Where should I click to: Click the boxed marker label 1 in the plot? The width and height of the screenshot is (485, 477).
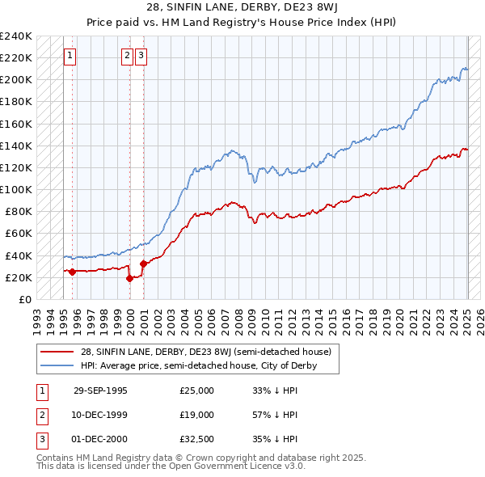pyautogui.click(x=70, y=56)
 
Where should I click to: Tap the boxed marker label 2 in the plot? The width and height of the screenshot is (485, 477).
pyautogui.click(x=128, y=56)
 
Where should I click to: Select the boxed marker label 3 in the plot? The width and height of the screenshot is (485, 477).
pyautogui.click(x=141, y=56)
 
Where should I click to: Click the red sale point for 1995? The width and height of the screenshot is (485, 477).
pyautogui.click(x=73, y=272)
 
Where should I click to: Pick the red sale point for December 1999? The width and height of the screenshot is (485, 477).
pyautogui.click(x=129, y=278)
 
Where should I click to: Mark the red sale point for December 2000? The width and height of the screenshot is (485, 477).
pyautogui.click(x=143, y=264)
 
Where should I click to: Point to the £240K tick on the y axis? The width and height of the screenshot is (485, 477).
pyautogui.click(x=16, y=36)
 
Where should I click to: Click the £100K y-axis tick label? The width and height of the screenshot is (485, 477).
pyautogui.click(x=16, y=189)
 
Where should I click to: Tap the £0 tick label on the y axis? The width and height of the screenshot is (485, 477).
pyautogui.click(x=25, y=299)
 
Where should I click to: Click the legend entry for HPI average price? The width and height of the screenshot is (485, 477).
pyautogui.click(x=198, y=365)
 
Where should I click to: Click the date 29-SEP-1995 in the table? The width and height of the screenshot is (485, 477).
pyautogui.click(x=100, y=390)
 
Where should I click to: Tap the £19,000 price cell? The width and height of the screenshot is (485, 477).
pyautogui.click(x=197, y=415)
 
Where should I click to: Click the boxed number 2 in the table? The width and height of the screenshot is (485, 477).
pyautogui.click(x=40, y=415)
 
